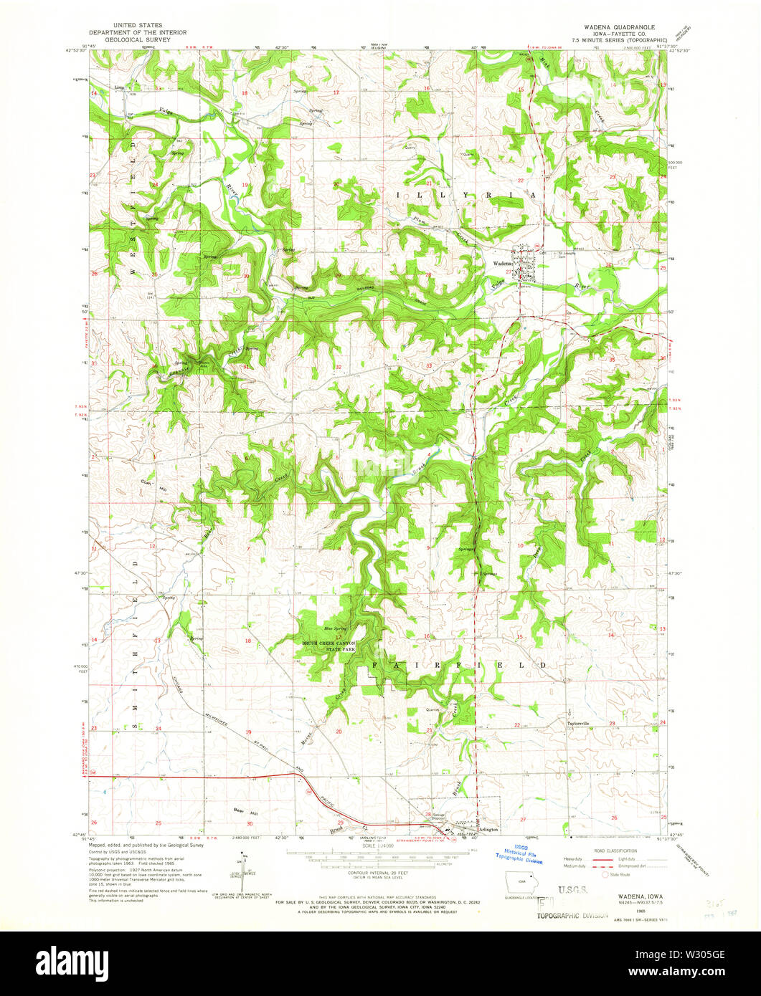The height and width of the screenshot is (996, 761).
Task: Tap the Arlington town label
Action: [x=488, y=830]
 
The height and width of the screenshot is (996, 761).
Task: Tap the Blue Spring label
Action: [x=334, y=628]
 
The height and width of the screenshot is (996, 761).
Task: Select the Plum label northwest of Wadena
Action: [x=419, y=221]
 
